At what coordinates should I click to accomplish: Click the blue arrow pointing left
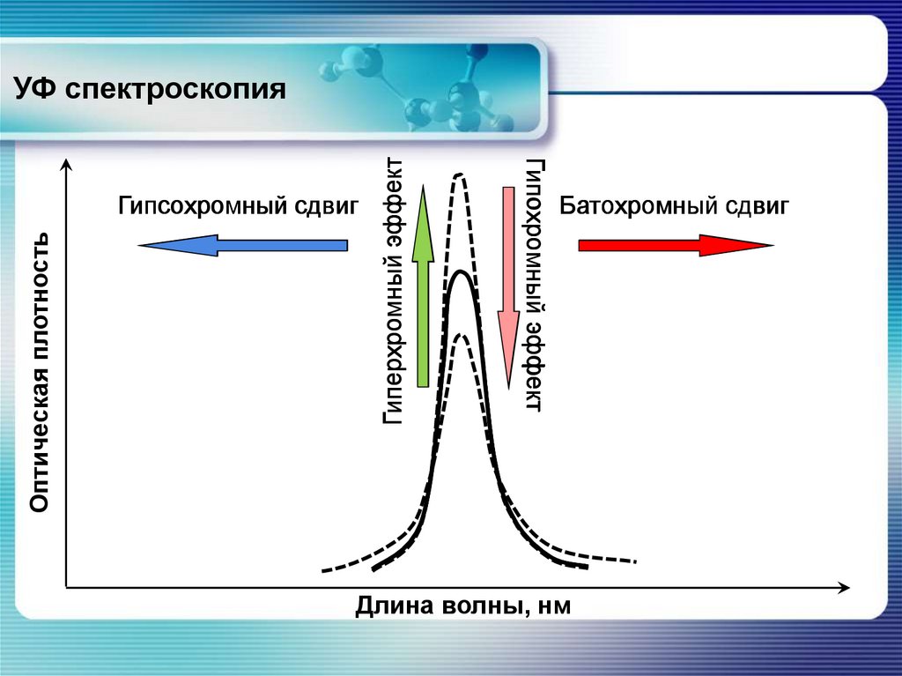[x=243, y=245]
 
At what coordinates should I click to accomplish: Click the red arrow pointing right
[x=675, y=245]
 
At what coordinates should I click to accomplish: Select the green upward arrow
[x=424, y=286]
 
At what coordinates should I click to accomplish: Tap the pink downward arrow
[x=508, y=286]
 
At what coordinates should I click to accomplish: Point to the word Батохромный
[x=637, y=206]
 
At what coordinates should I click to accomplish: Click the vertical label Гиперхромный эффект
[x=394, y=291]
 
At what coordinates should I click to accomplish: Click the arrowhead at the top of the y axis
[x=65, y=166]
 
